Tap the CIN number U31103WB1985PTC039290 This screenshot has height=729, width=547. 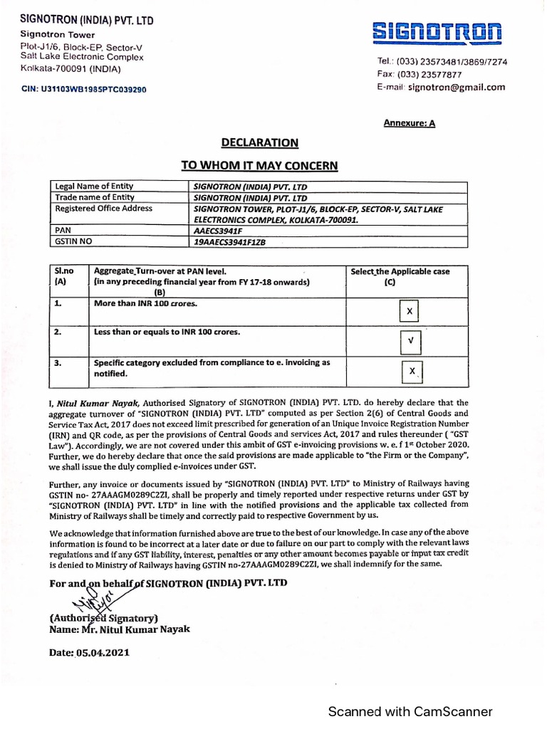click(x=84, y=90)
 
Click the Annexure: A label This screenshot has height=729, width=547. click(x=410, y=123)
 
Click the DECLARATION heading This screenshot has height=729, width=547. click(x=259, y=143)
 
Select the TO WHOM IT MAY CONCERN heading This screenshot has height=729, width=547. click(x=259, y=166)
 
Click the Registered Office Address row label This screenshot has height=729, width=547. click(x=104, y=209)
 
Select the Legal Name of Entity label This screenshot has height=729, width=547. click(x=94, y=187)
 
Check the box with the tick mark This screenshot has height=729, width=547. click(x=410, y=342)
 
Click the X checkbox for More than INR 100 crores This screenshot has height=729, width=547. click(x=410, y=313)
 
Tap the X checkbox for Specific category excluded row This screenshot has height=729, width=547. click(x=412, y=372)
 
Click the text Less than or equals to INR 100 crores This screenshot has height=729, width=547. click(x=167, y=332)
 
